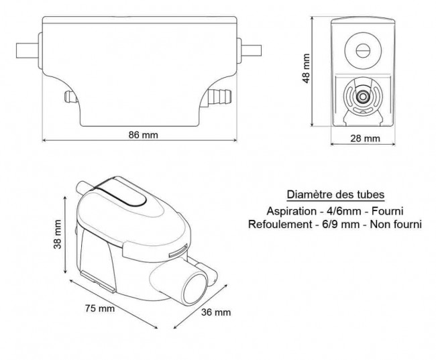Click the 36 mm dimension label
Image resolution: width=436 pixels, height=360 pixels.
(x=216, y=312)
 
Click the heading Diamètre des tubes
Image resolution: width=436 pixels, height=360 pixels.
(x=335, y=194)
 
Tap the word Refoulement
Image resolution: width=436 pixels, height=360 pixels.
(x=276, y=224)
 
